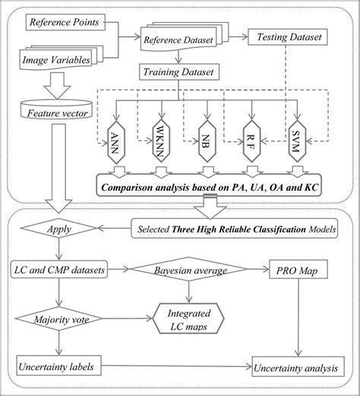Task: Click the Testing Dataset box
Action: tap(289, 35)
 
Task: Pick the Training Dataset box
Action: tap(177, 73)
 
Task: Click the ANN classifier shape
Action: tap(115, 138)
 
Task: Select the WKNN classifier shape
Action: tap(159, 138)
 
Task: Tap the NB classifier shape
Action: tap(205, 138)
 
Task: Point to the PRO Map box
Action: tap(300, 269)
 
